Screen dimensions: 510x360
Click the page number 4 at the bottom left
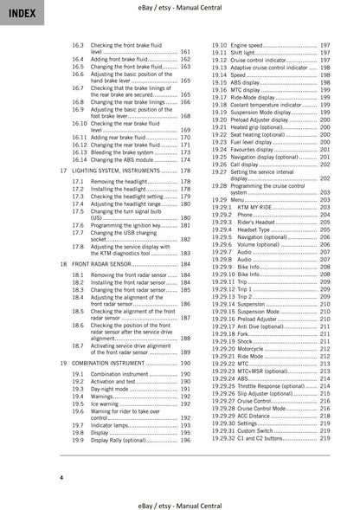[61, 477]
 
